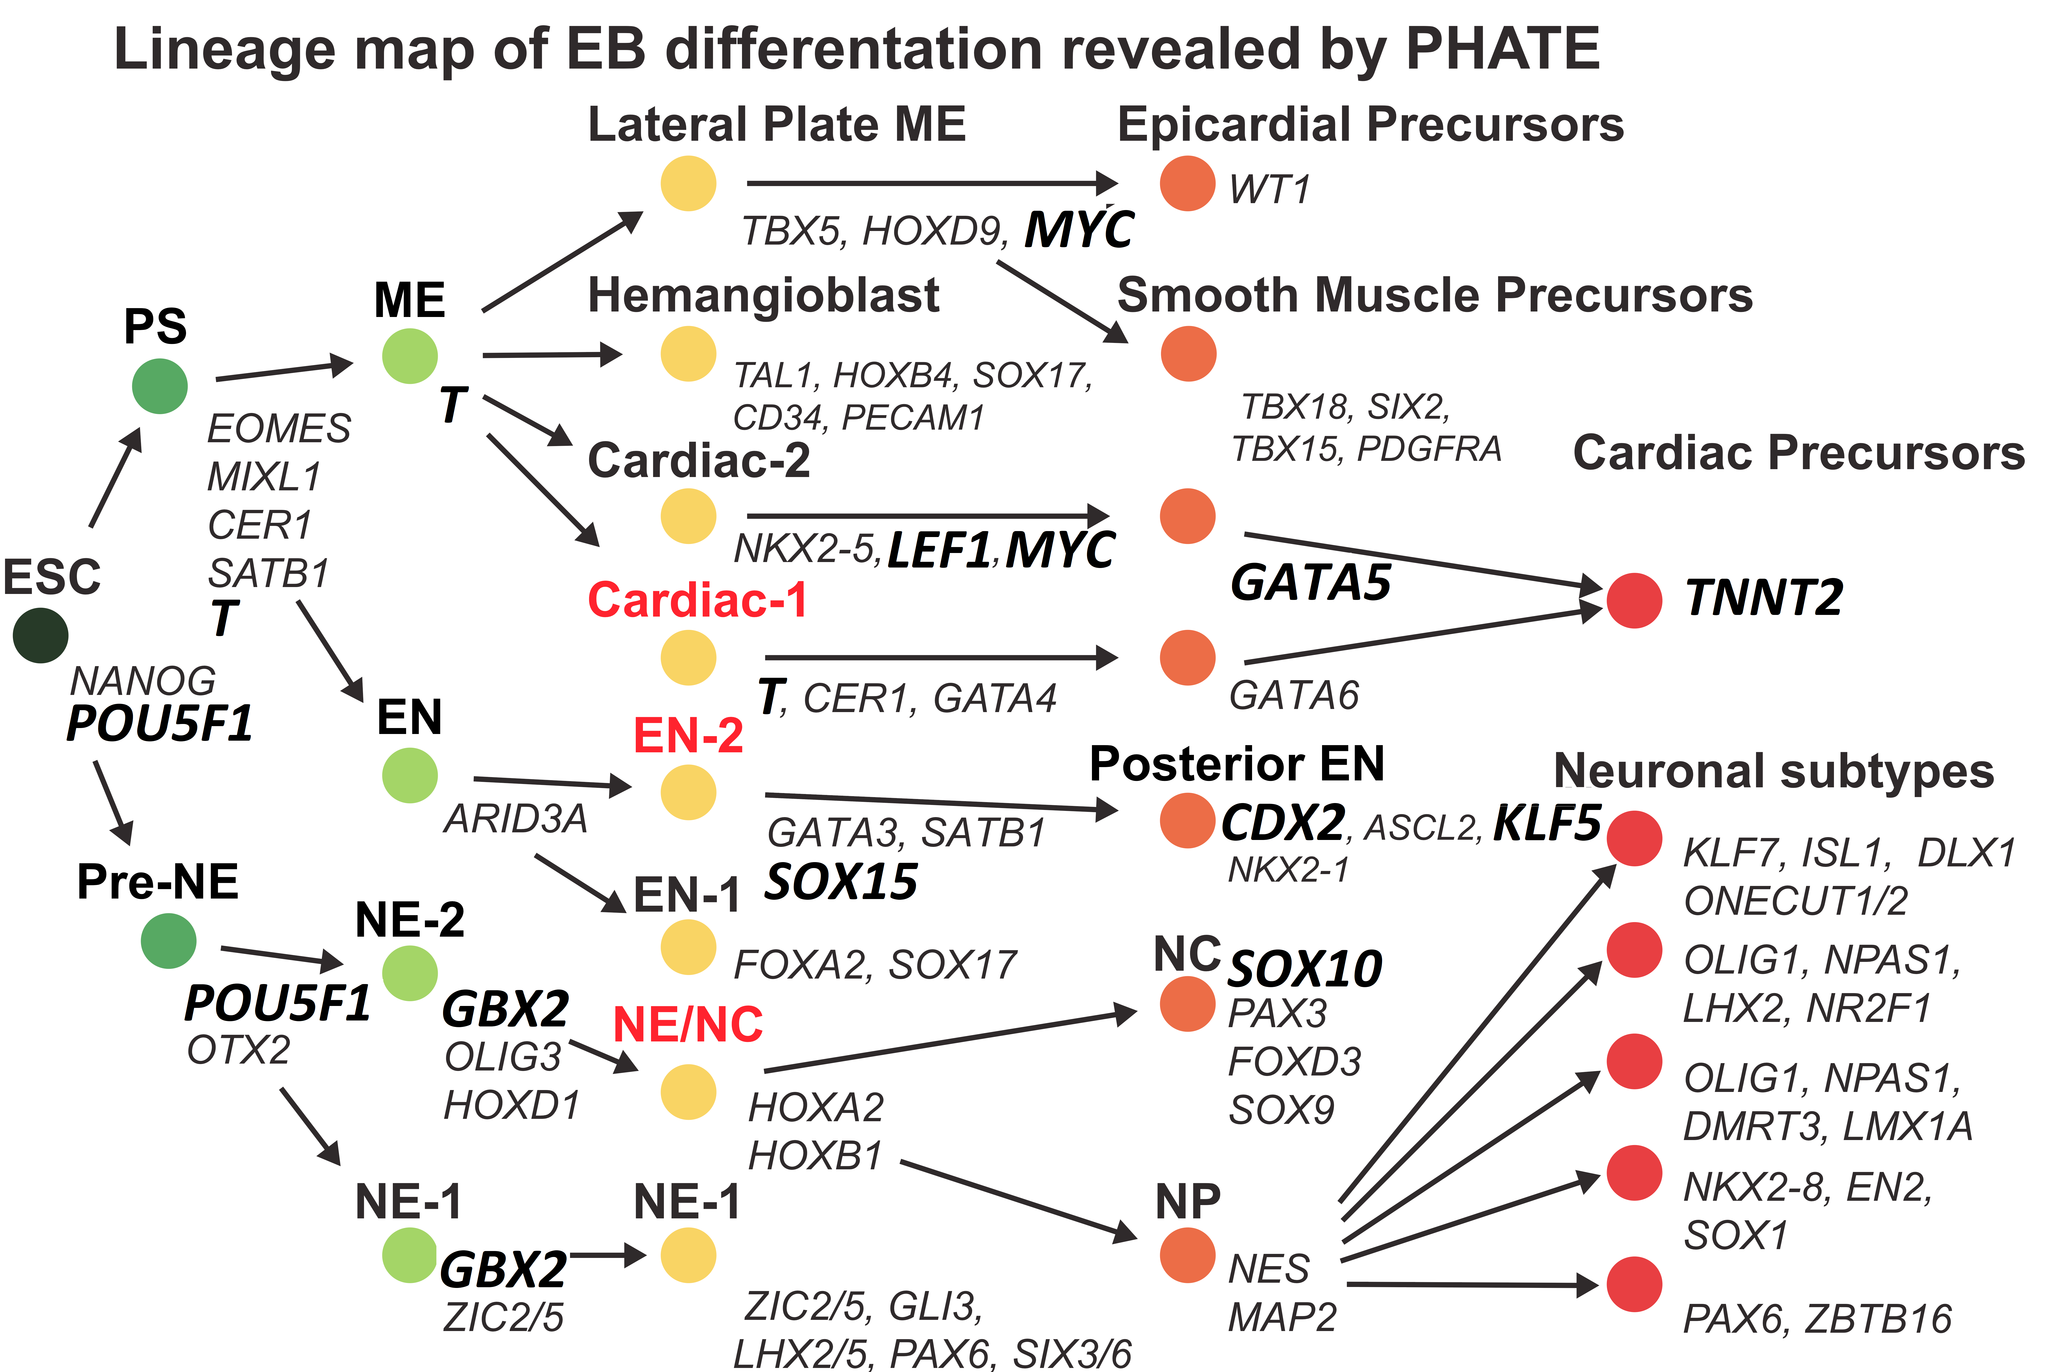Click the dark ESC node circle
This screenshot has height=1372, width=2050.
point(40,635)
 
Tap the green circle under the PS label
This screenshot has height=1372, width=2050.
point(159,386)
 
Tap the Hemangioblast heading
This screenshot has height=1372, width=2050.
point(763,295)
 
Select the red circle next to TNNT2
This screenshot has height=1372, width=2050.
point(1634,600)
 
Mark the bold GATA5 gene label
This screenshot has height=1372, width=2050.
point(1310,583)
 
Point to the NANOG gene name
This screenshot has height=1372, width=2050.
point(143,681)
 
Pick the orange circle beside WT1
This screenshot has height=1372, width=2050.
point(1187,184)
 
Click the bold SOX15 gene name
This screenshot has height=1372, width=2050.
point(841,881)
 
